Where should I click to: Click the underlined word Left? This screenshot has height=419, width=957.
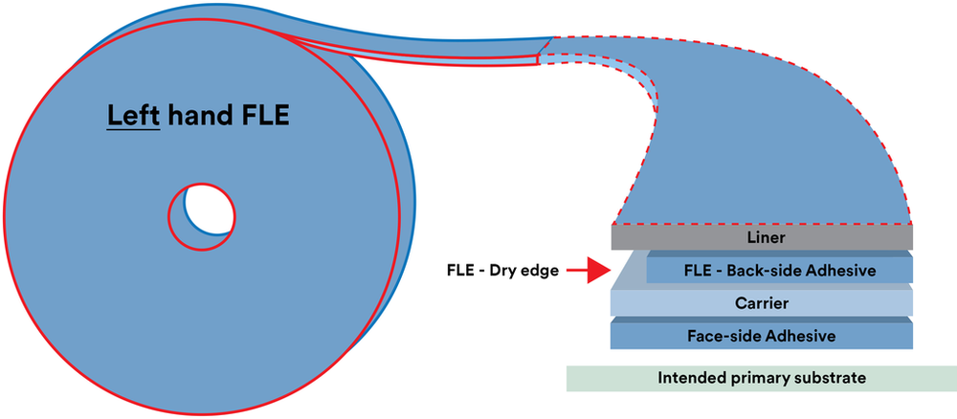pyautogui.click(x=133, y=115)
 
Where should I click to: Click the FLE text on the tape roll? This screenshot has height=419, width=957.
pyautogui.click(x=264, y=115)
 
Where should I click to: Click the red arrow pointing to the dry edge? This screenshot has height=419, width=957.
pyautogui.click(x=588, y=270)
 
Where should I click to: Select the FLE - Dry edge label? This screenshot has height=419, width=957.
pyautogui.click(x=501, y=270)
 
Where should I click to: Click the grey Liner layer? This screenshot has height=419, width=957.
pyautogui.click(x=762, y=237)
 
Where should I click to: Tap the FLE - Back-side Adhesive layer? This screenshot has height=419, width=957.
pyautogui.click(x=779, y=270)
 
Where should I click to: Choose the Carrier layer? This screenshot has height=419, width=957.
pyautogui.click(x=762, y=303)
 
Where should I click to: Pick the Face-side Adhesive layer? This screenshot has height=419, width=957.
pyautogui.click(x=762, y=336)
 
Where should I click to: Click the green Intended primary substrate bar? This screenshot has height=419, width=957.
pyautogui.click(x=762, y=378)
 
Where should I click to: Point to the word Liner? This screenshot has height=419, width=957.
pyautogui.click(x=761, y=237)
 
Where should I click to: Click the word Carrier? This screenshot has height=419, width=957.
pyautogui.click(x=761, y=303)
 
